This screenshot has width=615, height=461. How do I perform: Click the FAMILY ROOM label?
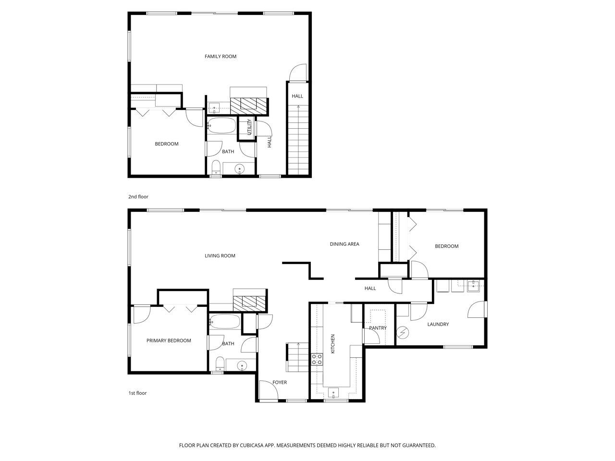pos(220,57)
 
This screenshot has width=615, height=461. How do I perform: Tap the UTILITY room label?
pos(249,127)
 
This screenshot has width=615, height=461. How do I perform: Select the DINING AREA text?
pos(344,244)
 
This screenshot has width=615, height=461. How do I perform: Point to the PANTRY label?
pos(378,328)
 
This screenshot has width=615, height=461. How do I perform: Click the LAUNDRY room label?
pos(438,324)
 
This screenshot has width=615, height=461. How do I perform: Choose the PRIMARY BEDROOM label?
pos(169,340)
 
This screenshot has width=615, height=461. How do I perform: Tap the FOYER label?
pos(279,382)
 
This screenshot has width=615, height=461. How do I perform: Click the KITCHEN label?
pos(333,344)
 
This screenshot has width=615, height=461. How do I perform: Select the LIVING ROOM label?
pos(220,255)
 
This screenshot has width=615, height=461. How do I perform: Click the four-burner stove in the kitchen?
pos(317,359)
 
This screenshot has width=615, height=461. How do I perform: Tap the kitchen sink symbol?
pos(333,393)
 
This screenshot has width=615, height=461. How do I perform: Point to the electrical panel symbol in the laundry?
pos(403,332)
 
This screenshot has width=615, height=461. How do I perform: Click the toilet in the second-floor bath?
pos(216,167)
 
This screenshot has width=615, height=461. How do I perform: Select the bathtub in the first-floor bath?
pos(225,321)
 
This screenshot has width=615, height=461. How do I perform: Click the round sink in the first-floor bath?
pos(242,365)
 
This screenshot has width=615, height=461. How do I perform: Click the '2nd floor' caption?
pos(138,197)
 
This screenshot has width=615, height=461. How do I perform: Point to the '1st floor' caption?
pos(137,393)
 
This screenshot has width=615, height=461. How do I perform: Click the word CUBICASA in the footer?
pos(252,445)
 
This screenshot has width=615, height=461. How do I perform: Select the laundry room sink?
pos(473,286)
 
